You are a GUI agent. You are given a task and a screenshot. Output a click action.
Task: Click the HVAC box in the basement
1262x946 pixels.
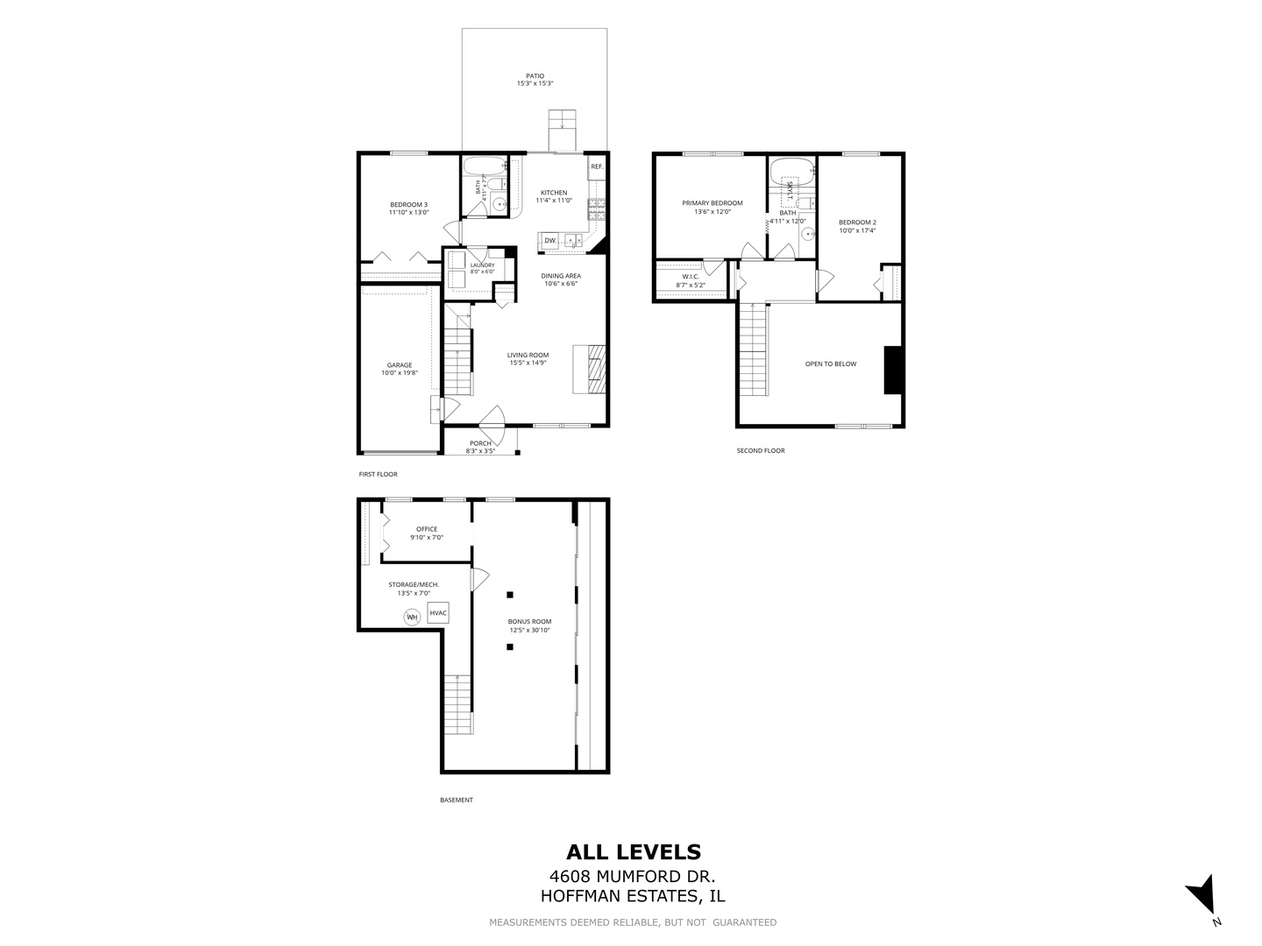437,613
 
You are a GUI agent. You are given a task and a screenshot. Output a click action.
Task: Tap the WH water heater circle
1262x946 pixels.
412,618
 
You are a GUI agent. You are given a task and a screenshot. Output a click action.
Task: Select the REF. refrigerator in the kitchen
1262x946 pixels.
597,166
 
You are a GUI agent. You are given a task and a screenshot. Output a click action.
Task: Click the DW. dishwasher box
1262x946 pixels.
549,241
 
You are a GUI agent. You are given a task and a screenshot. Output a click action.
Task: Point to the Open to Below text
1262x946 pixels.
830,364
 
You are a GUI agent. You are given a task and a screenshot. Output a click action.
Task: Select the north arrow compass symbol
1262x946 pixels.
1202,903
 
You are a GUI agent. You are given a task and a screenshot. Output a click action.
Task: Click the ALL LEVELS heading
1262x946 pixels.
634,851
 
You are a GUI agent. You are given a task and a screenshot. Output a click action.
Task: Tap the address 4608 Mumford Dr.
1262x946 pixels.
633,877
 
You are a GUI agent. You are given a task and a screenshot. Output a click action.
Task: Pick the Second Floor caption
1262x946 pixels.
761,451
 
